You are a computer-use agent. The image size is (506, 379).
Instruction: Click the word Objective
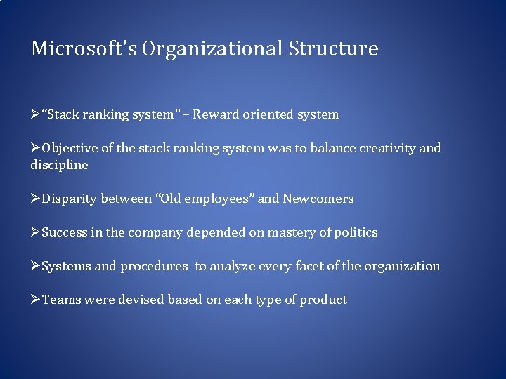[69, 148]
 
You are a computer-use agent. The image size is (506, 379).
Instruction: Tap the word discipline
[59, 165]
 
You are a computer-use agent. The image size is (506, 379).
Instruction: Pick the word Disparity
[69, 199]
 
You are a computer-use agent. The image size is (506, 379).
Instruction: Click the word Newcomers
[318, 199]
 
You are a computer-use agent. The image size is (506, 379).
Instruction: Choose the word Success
[65, 232]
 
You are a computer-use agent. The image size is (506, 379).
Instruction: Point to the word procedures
[154, 266]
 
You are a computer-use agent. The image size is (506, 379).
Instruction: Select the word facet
[309, 266]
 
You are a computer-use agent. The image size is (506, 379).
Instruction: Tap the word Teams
[62, 300]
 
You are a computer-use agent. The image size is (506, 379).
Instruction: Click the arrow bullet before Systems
[36, 266]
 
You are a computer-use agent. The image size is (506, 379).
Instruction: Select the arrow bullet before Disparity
[36, 199]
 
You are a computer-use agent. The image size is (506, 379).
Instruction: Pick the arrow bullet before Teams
[36, 300]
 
